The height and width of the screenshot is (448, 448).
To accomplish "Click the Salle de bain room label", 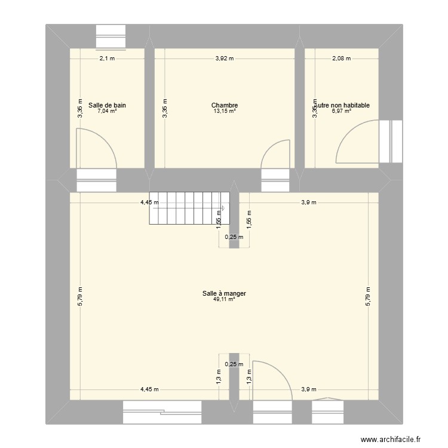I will click(x=107, y=105).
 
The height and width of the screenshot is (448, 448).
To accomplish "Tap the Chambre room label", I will click(x=225, y=105).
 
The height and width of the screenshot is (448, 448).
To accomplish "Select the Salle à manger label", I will click(x=224, y=293).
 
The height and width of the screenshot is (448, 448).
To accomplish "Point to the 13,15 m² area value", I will click(x=225, y=111).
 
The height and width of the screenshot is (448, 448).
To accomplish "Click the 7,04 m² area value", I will click(x=107, y=111).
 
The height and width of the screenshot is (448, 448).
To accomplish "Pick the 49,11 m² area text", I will click(x=224, y=299).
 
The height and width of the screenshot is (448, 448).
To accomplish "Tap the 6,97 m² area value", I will click(x=342, y=111).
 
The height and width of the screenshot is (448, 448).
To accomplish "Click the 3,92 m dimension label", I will click(x=225, y=59).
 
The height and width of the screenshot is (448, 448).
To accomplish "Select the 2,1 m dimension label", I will click(x=107, y=59).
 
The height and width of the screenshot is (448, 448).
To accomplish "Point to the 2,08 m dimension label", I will click(x=342, y=59).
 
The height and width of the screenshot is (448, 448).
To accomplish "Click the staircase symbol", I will click(x=189, y=207).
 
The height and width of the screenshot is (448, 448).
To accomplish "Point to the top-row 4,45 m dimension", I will click(x=149, y=202).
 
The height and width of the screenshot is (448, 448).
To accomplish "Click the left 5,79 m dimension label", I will click(x=79, y=299).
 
